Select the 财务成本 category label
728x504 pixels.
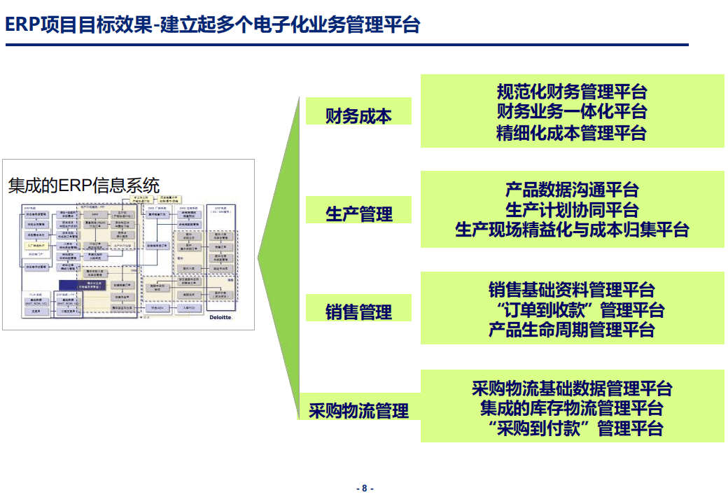358,116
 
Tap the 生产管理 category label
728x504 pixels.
358,214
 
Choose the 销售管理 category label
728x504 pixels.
358,312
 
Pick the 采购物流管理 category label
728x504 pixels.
358,410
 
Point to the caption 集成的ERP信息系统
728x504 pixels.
84,185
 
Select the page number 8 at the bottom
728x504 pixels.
364,489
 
